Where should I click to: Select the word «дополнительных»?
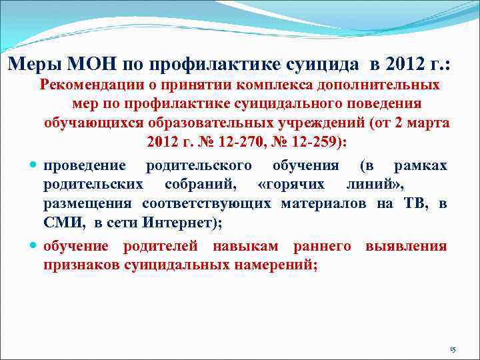click(x=389, y=85)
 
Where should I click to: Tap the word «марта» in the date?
click(x=431, y=123)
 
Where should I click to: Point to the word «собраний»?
click(x=195, y=184)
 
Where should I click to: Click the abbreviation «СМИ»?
click(x=61, y=223)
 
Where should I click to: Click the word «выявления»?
click(x=406, y=247)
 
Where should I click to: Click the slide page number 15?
click(x=452, y=349)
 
